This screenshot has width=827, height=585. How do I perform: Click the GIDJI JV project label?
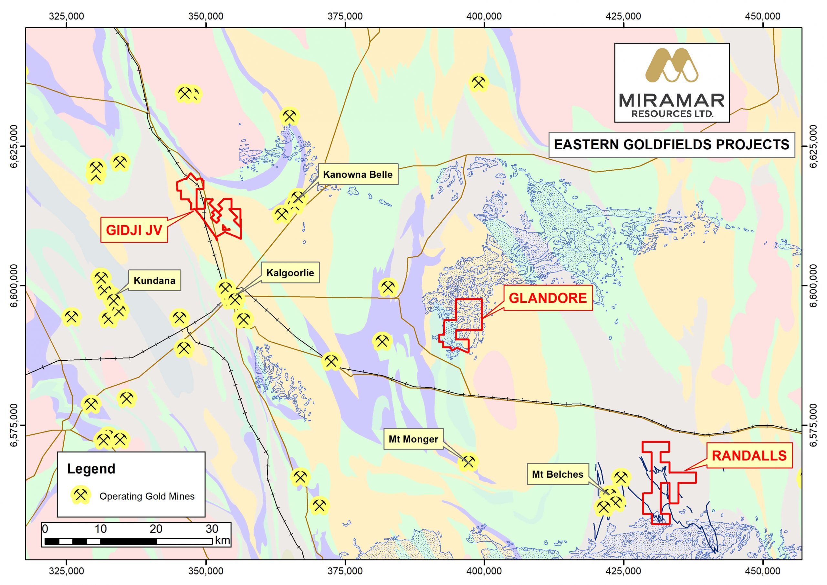134,229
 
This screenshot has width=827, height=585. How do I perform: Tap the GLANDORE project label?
548,298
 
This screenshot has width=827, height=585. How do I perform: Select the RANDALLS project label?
749,456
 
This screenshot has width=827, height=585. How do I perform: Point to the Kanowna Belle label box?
357,175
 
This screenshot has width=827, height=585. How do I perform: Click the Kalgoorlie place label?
290,272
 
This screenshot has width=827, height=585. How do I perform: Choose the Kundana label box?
154,281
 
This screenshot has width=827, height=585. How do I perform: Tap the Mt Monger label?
413,439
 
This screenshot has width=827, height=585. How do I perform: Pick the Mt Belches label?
557,474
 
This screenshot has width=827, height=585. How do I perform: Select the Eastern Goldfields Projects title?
671,144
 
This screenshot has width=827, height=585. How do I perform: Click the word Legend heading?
91,469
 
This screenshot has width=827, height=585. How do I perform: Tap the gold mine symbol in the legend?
80,495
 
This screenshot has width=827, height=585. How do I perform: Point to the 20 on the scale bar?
156,529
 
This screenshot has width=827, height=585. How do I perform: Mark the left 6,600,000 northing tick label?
14,286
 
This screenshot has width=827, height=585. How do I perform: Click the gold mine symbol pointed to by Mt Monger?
468,462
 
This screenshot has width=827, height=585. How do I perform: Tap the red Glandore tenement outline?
482,314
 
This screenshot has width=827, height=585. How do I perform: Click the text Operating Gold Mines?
147,496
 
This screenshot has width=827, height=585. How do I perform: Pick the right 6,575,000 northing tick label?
813,425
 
